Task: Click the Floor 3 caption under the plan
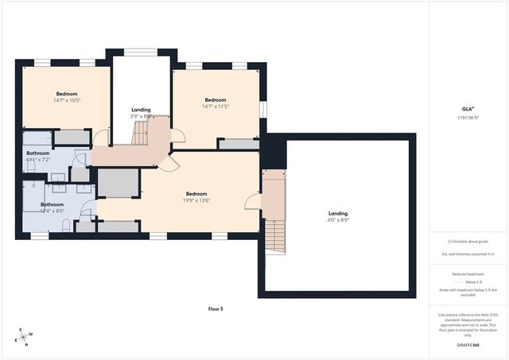[215, 308]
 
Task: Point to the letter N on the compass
[26, 344]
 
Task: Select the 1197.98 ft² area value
[468, 118]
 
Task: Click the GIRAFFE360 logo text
[468, 346]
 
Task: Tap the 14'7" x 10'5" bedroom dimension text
[66, 100]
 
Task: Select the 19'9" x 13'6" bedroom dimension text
[196, 201]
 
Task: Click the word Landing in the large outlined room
[338, 213]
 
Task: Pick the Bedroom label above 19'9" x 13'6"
[196, 194]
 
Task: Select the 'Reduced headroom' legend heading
[468, 273]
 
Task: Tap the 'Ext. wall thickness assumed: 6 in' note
[468, 254]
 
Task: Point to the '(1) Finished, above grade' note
[468, 241]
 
